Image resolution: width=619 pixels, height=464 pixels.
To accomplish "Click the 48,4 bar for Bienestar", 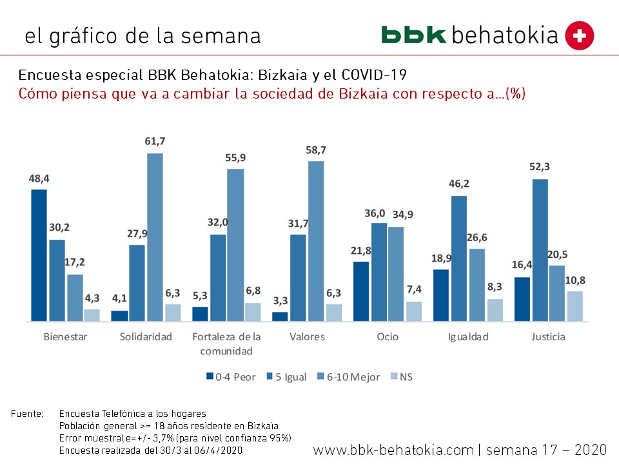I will (x=39, y=255).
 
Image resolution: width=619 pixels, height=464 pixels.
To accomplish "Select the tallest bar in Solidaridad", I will (x=155, y=237).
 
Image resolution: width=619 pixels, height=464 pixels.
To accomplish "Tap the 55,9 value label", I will (x=235, y=157).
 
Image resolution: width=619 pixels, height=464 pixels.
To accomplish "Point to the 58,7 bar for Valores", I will (x=315, y=240).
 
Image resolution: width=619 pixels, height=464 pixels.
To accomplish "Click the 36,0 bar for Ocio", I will (x=379, y=271).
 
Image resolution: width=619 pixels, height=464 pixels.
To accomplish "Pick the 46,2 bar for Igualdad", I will (x=459, y=258).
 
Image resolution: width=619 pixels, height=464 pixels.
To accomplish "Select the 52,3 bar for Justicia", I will (x=540, y=249).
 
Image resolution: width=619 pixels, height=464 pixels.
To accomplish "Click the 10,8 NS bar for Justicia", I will (x=575, y=305).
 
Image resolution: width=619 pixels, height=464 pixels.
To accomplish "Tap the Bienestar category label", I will (x=65, y=336).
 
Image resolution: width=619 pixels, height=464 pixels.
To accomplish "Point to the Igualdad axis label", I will (x=468, y=336).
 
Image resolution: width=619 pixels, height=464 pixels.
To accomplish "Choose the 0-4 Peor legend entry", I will (x=231, y=376).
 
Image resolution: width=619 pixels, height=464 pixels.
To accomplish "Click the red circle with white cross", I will (x=579, y=35).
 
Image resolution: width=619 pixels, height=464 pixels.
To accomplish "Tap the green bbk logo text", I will (x=413, y=35).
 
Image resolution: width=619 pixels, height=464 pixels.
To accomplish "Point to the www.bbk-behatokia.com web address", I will (x=393, y=449).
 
